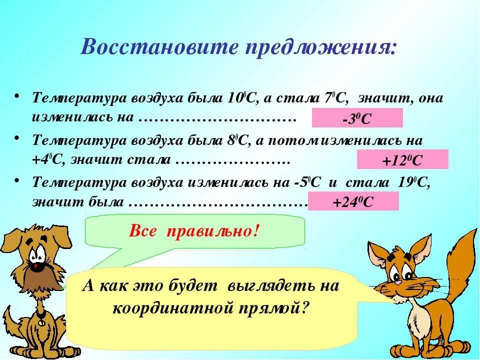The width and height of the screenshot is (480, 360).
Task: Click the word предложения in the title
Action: (320, 47)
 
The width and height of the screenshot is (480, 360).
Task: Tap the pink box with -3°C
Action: (357, 118)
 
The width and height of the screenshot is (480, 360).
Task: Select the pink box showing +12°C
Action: (402, 160)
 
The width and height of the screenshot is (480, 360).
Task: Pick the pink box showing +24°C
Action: (353, 201)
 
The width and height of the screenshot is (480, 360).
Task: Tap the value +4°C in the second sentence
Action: (48, 160)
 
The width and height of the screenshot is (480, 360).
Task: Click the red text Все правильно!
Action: (194, 231)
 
